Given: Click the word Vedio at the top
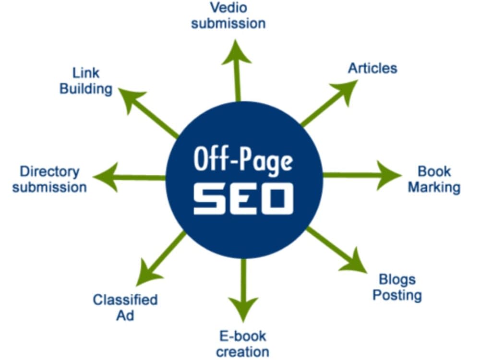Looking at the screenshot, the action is pyautogui.click(x=228, y=8).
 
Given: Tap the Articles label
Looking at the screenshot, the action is pyautogui.click(x=372, y=68).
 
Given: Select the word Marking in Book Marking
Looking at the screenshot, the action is pyautogui.click(x=434, y=188).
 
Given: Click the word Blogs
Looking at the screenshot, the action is pyautogui.click(x=397, y=280).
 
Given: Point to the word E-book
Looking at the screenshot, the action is pyautogui.click(x=243, y=336).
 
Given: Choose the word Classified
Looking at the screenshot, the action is pyautogui.click(x=125, y=300).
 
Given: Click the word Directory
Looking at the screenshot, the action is pyautogui.click(x=49, y=172).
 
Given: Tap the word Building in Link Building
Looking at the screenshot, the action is pyautogui.click(x=86, y=89).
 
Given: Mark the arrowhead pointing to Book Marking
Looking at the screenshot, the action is pyautogui.click(x=389, y=175).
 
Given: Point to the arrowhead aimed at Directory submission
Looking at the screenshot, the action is pyautogui.click(x=106, y=177).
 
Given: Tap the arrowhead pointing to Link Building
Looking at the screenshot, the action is pyautogui.click(x=131, y=101).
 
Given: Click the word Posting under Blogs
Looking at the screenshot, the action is pyautogui.click(x=397, y=295).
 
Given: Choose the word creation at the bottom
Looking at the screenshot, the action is pyautogui.click(x=243, y=352).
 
